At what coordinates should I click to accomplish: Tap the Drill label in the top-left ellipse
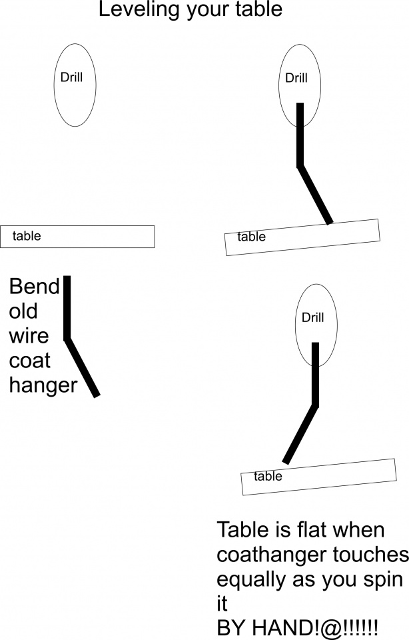[72, 77]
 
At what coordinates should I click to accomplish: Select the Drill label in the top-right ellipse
[296, 78]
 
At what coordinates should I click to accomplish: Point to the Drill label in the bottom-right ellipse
[312, 318]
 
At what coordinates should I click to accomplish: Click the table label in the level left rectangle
[27, 236]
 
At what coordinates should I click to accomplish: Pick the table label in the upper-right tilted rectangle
[251, 237]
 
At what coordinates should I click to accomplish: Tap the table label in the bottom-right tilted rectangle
[268, 477]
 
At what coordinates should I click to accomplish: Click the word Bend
[34, 287]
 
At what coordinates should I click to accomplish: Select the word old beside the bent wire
[23, 311]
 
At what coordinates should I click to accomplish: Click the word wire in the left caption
[29, 336]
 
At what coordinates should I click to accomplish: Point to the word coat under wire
[30, 361]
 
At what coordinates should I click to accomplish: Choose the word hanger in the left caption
[43, 386]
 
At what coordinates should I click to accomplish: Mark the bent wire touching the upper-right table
[300, 140]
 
